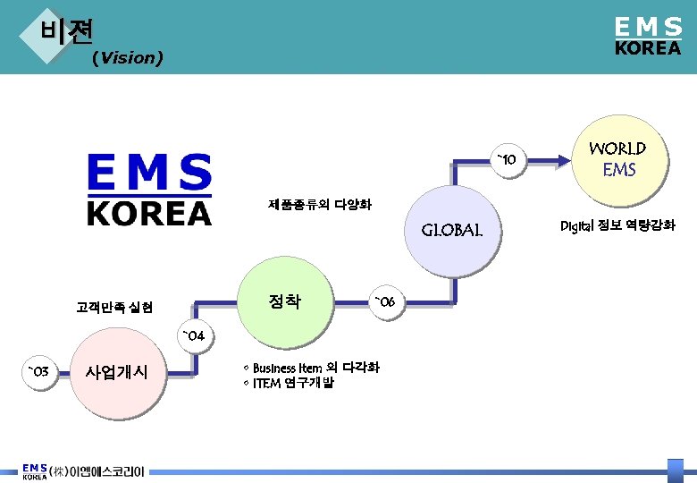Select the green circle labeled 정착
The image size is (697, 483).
point(285,301)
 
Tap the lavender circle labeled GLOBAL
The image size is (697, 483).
point(451,230)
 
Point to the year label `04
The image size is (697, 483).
point(194,336)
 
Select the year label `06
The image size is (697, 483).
point(389,301)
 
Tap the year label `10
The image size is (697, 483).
point(506,160)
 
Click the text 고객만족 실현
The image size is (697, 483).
point(114,308)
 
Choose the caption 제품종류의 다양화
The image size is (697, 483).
point(319,205)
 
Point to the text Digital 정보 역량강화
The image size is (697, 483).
point(617,225)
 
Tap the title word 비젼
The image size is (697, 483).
point(67,31)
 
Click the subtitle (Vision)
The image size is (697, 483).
point(127,58)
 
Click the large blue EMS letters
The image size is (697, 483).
point(149,173)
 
